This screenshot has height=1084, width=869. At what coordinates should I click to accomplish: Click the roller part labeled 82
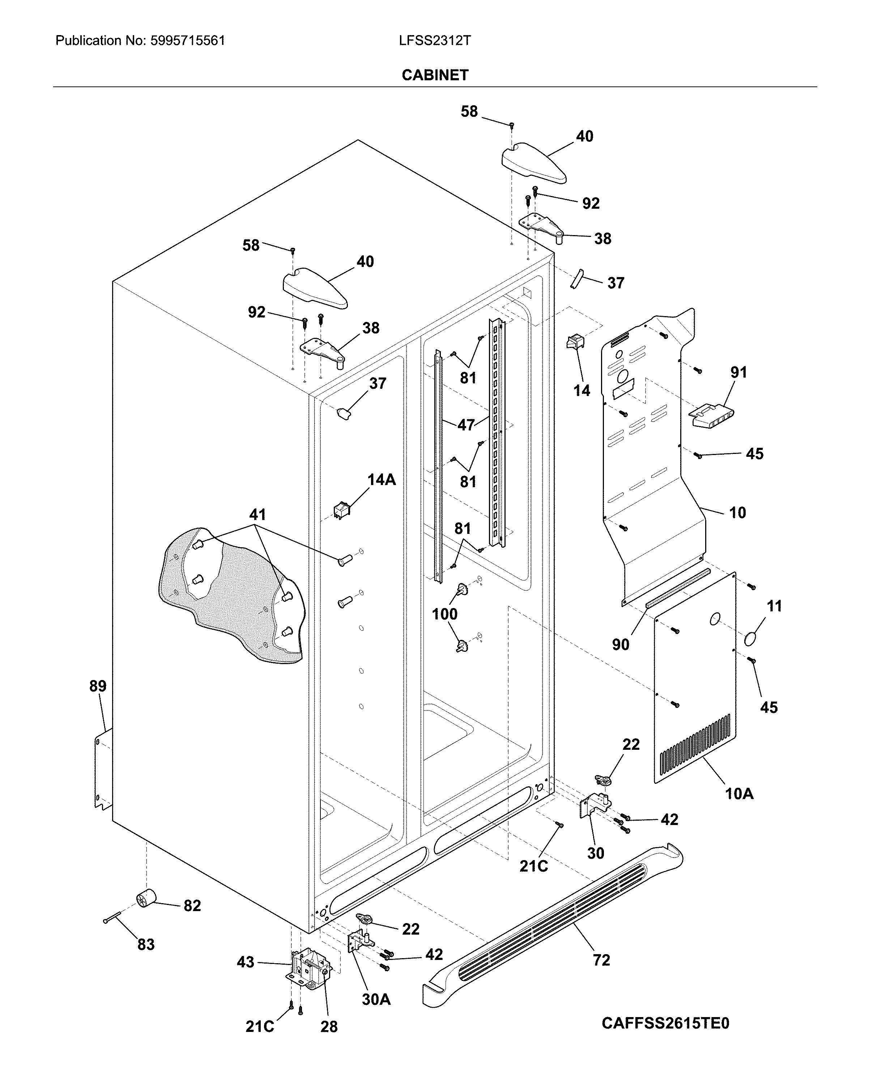[146, 898]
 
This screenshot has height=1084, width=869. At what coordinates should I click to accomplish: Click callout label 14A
[382, 480]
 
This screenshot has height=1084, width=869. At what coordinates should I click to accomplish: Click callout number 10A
[739, 794]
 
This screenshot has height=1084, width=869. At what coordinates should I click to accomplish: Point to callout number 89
[98, 686]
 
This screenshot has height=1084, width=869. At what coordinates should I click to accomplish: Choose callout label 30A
[376, 999]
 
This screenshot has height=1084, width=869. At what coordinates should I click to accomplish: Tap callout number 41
[257, 514]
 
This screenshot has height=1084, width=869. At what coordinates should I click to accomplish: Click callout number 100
[445, 614]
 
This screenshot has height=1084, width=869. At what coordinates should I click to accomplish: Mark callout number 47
[465, 425]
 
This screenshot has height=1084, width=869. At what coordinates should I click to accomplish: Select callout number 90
[620, 645]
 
